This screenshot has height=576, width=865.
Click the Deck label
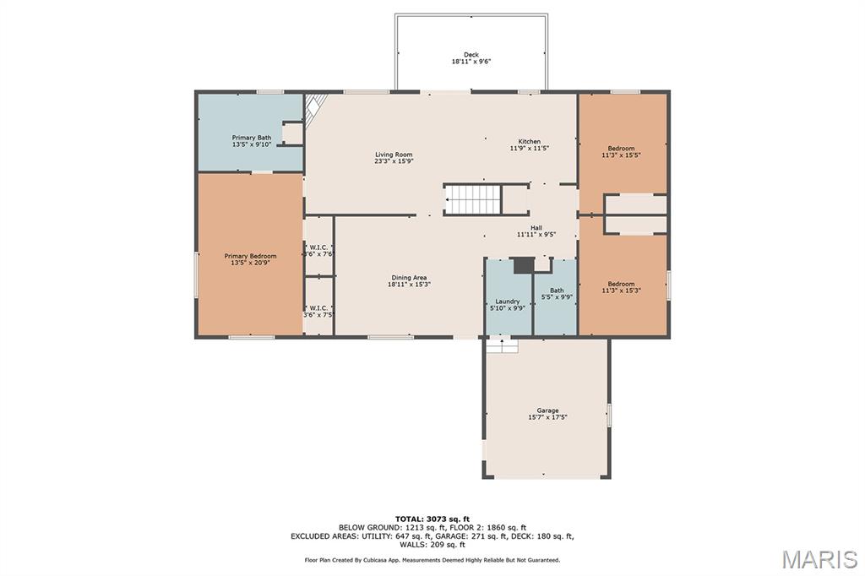471,58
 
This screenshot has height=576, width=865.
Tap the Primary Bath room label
252,141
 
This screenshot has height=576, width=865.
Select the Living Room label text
394,158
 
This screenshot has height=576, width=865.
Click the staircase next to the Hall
473,199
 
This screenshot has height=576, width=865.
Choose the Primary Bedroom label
250,259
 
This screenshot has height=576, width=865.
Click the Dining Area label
409,281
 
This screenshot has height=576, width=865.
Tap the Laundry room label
507,304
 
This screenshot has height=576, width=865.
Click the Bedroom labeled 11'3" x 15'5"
621,151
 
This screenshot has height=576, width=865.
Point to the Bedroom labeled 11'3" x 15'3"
621,287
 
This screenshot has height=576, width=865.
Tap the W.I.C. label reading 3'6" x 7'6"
319,251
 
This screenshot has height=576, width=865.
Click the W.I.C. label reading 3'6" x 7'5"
319,312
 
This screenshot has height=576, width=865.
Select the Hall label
536,231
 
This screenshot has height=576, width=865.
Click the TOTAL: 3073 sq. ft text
432,519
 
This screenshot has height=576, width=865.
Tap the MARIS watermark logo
819,559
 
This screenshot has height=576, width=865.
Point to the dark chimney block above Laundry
524,265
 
